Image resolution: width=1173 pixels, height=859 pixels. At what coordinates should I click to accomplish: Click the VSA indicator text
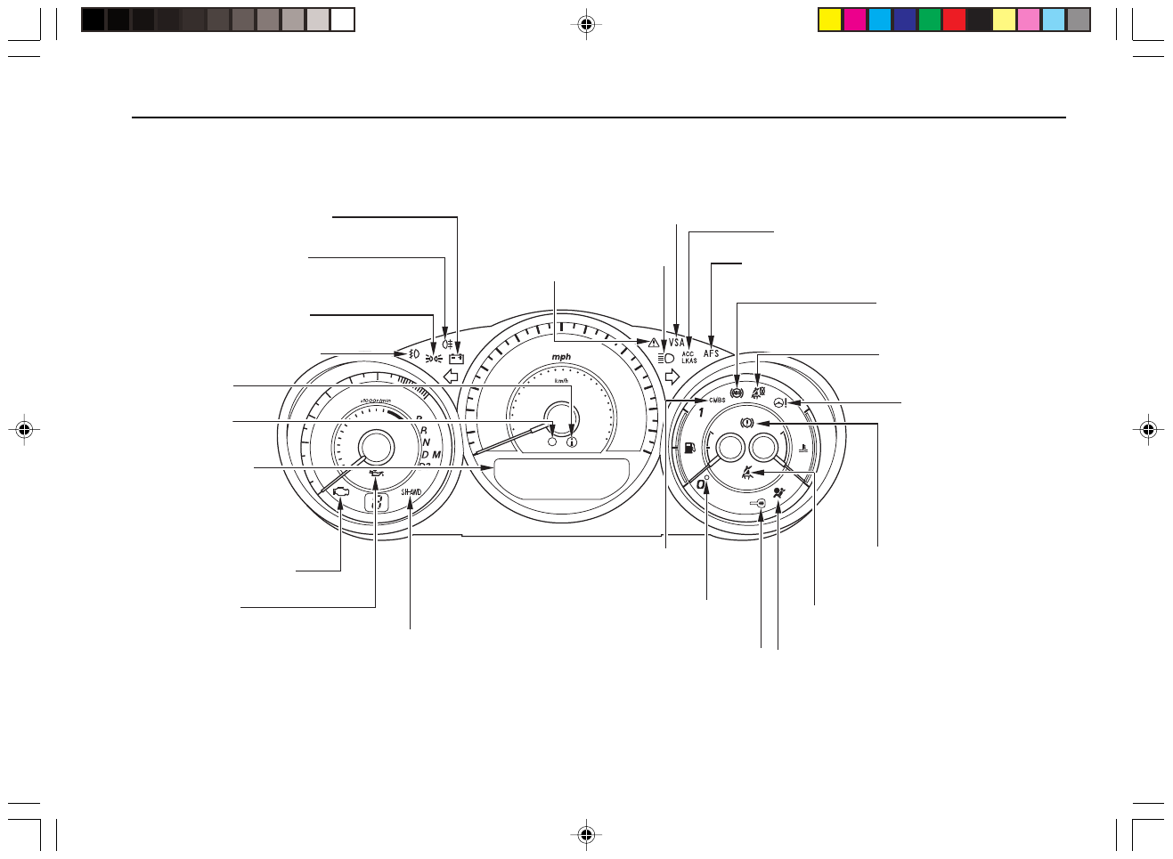click(678, 343)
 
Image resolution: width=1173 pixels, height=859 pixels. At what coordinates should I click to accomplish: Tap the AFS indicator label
click(712, 353)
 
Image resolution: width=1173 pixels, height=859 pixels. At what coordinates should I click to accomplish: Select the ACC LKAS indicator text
click(689, 357)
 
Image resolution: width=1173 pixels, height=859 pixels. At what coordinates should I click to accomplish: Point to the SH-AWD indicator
click(411, 491)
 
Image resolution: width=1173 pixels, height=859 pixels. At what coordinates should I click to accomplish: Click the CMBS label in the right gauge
click(717, 401)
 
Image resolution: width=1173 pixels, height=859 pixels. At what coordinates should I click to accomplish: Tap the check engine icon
click(340, 491)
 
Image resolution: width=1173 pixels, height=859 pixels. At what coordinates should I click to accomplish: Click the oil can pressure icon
click(376, 475)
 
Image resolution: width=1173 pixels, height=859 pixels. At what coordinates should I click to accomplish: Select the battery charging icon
click(457, 359)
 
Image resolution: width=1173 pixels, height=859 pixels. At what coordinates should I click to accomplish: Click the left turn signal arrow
click(451, 375)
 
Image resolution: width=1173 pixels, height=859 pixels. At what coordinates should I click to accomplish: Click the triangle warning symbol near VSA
click(655, 343)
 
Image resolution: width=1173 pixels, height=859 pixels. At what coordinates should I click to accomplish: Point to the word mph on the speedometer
click(561, 357)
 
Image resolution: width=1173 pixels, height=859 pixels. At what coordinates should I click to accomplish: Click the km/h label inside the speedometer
click(561, 381)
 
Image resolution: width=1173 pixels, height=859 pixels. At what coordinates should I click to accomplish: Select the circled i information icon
click(571, 441)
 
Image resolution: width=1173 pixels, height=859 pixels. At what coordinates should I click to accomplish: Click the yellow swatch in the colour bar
click(830, 20)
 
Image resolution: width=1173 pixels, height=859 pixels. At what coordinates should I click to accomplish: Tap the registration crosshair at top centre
click(585, 24)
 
